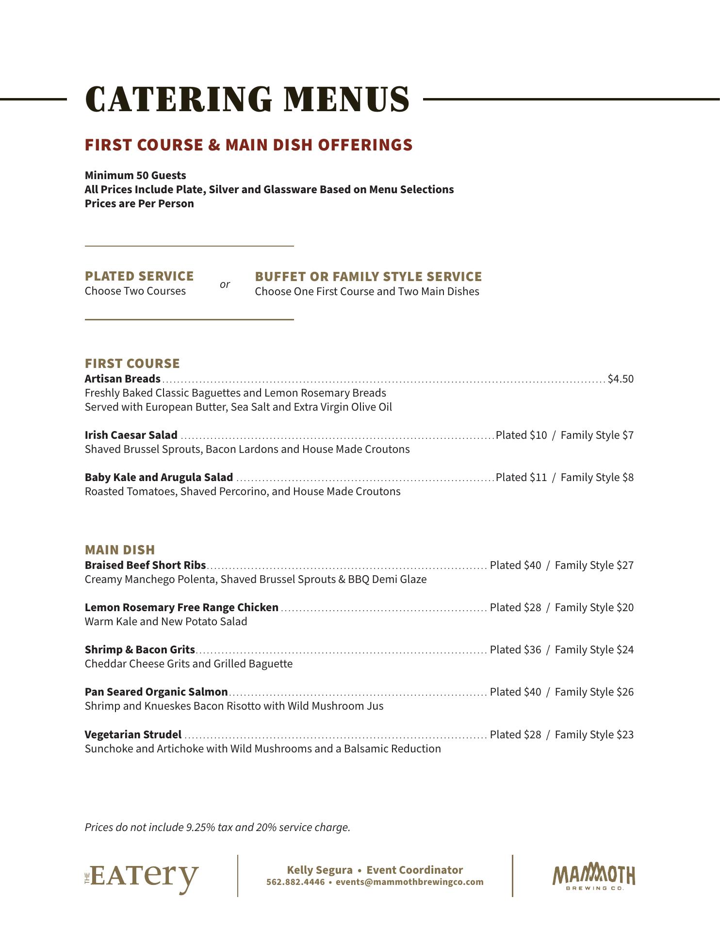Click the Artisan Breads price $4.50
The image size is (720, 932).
(x=620, y=379)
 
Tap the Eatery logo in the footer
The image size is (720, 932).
(x=142, y=877)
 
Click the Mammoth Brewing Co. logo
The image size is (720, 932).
(x=593, y=877)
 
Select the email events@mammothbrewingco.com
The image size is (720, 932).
(x=409, y=882)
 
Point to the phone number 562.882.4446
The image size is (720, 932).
(x=295, y=882)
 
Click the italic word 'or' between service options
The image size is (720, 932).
(x=225, y=284)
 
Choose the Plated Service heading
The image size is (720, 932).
(x=139, y=276)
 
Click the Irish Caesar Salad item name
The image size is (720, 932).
(x=131, y=435)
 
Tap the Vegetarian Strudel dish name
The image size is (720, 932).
(x=133, y=734)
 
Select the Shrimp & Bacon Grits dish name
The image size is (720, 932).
(x=140, y=649)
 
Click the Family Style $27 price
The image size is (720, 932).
(x=594, y=565)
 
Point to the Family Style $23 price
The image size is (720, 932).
(x=594, y=734)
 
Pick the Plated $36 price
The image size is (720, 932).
(x=515, y=649)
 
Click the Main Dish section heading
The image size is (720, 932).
(x=120, y=549)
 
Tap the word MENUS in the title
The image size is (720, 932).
(x=346, y=100)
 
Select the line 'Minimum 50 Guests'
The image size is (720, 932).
(x=135, y=175)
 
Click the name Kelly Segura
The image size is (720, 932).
(x=320, y=870)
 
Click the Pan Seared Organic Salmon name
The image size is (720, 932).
(x=156, y=692)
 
